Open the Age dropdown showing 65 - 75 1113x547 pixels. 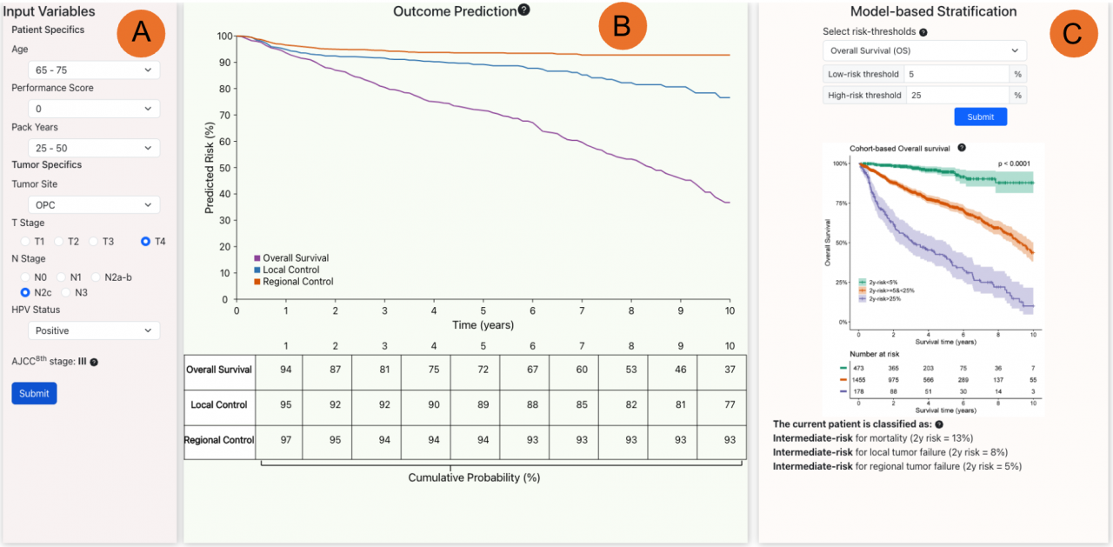click(94, 70)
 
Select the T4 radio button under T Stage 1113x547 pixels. click(146, 241)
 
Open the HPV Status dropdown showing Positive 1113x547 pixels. click(94, 330)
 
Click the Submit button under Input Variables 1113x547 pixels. click(34, 393)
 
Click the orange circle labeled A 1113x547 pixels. click(141, 33)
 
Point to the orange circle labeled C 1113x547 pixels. click(1073, 33)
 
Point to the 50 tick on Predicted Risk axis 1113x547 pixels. click(224, 168)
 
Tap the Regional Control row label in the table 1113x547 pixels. click(219, 440)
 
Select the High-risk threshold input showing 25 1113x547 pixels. click(956, 95)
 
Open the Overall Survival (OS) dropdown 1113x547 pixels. click(924, 50)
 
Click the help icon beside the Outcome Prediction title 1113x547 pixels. click(523, 10)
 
